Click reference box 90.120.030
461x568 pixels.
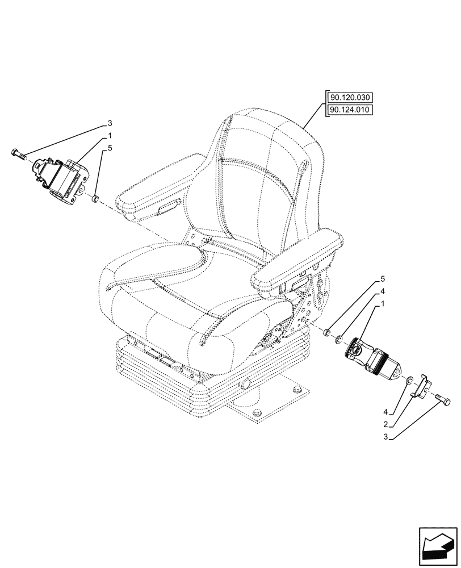coord(349,98)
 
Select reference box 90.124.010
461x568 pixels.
coord(349,110)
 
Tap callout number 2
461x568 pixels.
coord(385,424)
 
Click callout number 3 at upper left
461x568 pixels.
coord(110,123)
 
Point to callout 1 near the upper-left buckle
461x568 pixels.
coord(110,136)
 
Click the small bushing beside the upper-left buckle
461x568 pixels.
coord(95,198)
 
